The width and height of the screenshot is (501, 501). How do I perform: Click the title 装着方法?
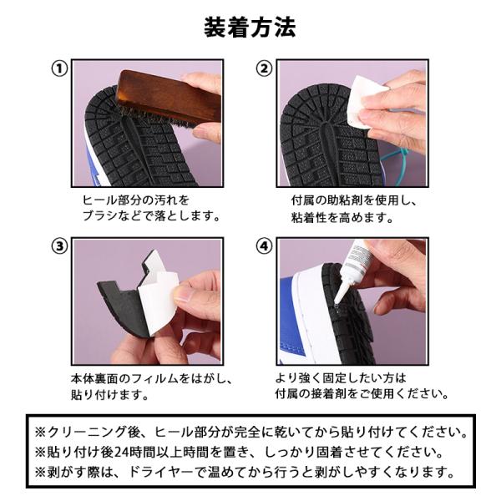click(250, 28)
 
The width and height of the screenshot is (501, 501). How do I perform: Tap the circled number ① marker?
click(60, 68)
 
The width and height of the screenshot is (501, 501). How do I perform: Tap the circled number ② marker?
click(264, 68)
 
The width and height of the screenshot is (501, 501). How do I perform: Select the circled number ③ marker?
click(60, 246)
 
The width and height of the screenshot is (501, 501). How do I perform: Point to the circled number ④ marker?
click(264, 246)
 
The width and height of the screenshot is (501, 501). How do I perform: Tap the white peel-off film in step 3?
click(158, 297)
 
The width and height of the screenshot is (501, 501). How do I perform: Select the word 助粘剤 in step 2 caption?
click(345, 200)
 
